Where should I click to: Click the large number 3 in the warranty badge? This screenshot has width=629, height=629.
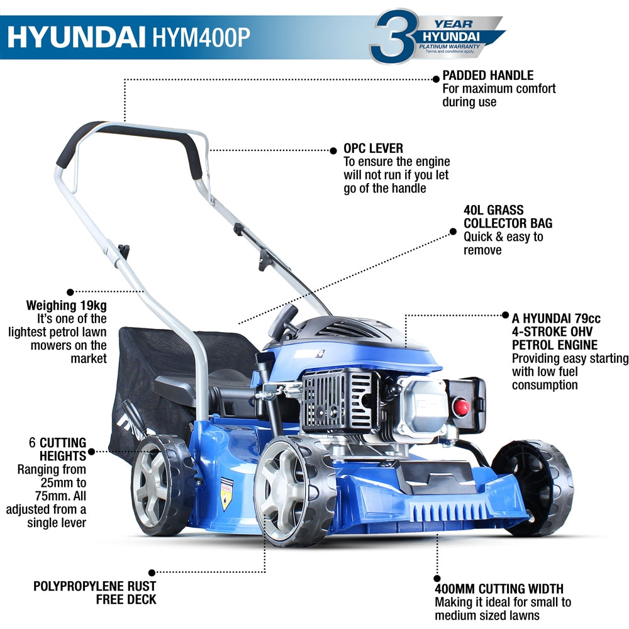click(394, 36)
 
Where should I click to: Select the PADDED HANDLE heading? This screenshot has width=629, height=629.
click(488, 75)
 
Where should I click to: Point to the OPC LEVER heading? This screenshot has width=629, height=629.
click(373, 148)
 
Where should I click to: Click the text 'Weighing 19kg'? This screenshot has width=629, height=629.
click(66, 306)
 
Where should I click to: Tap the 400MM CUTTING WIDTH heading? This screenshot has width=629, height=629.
click(499, 589)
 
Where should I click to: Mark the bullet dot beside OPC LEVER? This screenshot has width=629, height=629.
click(334, 150)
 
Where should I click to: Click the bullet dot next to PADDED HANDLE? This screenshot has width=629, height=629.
click(436, 79)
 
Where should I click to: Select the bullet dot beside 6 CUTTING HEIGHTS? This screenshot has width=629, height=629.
click(92, 451)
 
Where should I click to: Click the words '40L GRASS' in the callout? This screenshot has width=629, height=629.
click(494, 210)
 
